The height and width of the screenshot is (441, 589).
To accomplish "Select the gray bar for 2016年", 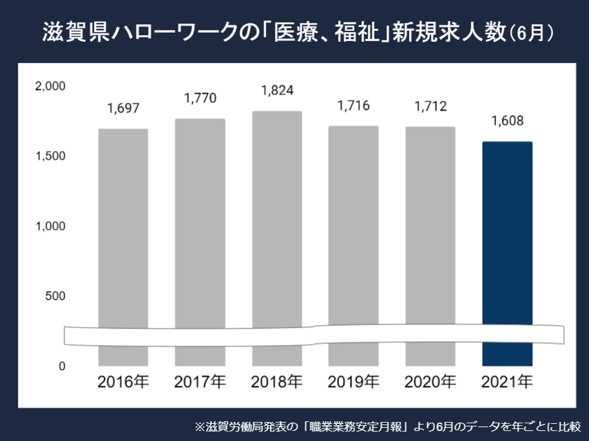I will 123,227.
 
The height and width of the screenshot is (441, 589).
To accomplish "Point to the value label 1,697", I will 123,108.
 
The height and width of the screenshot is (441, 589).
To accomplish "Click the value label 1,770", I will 200,98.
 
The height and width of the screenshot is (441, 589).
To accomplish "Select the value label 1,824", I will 277,90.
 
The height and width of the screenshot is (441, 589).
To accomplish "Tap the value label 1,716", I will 353,106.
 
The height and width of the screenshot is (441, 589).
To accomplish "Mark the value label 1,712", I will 430,106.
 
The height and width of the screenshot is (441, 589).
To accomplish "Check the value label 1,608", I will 507,121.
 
